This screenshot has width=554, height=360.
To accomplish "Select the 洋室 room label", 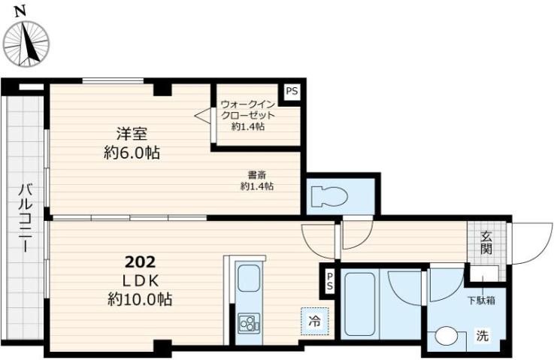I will [x=131, y=134].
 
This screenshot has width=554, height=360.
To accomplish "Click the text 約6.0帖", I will [x=131, y=153].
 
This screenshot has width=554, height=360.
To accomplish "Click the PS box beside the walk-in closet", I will [x=292, y=91].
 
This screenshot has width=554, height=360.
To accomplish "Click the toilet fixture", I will [x=329, y=197].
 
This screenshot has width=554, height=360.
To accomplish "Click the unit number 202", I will [x=140, y=262].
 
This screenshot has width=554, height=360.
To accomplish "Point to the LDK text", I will [x=139, y=280].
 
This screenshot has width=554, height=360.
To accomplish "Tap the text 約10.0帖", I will [x=139, y=299].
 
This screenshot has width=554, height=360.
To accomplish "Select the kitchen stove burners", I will [x=247, y=324].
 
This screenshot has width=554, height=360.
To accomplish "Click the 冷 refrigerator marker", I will [x=313, y=322].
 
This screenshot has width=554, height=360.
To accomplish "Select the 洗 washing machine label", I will [x=482, y=336].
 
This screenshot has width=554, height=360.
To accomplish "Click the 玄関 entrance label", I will [x=486, y=241].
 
